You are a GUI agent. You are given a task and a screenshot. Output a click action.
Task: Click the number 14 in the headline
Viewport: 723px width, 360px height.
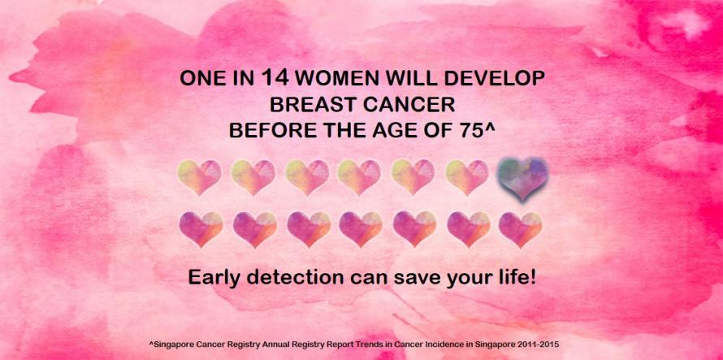275,77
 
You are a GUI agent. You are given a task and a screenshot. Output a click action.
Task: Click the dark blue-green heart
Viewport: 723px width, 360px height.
522,178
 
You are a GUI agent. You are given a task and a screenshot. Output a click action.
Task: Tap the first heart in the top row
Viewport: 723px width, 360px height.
199,177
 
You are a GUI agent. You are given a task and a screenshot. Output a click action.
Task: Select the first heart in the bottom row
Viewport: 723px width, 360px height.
201,229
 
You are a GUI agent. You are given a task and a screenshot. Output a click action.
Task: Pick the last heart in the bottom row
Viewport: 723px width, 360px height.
521,229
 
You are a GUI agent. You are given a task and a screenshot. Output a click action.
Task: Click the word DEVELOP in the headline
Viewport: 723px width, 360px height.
494,79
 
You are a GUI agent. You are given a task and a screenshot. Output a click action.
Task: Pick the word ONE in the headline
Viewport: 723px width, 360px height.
198,79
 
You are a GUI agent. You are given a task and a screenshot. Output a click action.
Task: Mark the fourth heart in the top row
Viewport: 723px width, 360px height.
359,177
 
